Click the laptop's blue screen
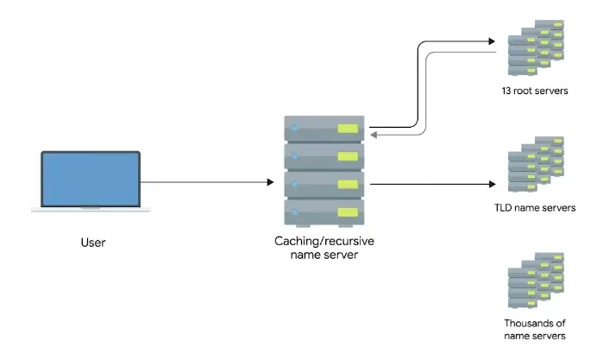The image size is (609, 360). tap(91, 180)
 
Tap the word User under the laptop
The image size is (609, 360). tap(92, 243)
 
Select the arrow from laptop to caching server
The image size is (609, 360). tap(207, 182)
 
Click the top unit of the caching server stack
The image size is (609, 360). tap(324, 129)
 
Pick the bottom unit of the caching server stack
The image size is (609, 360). tap(324, 212)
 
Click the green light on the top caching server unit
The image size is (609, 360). tap(347, 129)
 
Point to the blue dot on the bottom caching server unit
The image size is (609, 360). tap(294, 212)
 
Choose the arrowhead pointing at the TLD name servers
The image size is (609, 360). tap(492, 183)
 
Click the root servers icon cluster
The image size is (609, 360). tap(535, 49)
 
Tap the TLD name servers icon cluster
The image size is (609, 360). tap(535, 164)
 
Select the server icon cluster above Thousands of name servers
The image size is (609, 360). tap(535, 281)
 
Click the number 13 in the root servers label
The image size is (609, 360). tap(507, 91)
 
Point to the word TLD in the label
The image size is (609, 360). tap(504, 208)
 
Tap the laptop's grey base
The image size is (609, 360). tap(91, 209)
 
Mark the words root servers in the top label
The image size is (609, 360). tap(542, 91)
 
